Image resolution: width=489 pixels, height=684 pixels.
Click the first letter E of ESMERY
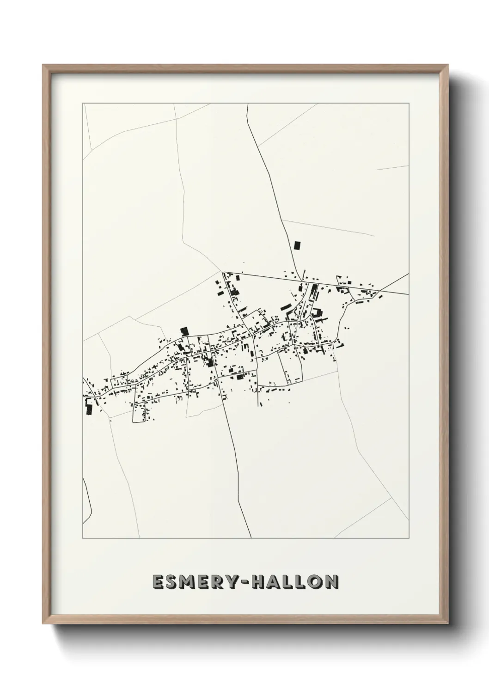(159, 582)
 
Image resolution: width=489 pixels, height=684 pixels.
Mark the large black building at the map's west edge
(89, 406)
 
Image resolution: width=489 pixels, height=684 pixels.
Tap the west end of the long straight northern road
(223, 273)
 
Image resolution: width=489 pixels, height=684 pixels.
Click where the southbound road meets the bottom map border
(251, 538)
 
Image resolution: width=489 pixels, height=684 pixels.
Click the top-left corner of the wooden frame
(43, 65)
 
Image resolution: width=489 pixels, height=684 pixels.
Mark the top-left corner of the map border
(83, 104)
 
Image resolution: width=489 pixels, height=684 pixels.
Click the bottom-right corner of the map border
(409, 538)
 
